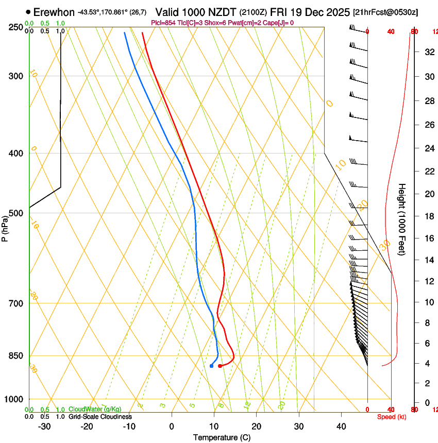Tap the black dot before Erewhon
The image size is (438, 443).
[28, 11]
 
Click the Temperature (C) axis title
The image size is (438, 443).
[222, 438]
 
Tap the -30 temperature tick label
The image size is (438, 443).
[44, 427]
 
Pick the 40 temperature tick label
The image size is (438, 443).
[341, 427]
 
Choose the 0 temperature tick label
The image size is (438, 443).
[172, 427]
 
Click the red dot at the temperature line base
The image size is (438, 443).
[220, 366]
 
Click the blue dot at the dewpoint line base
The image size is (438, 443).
[212, 366]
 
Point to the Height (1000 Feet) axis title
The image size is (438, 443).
[402, 219]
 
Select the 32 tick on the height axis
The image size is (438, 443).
[428, 52]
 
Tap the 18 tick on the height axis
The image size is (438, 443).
[428, 216]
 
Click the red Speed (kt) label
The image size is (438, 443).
[392, 417]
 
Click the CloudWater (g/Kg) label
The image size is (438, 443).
[95, 410]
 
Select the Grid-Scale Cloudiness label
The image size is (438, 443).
[99, 417]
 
